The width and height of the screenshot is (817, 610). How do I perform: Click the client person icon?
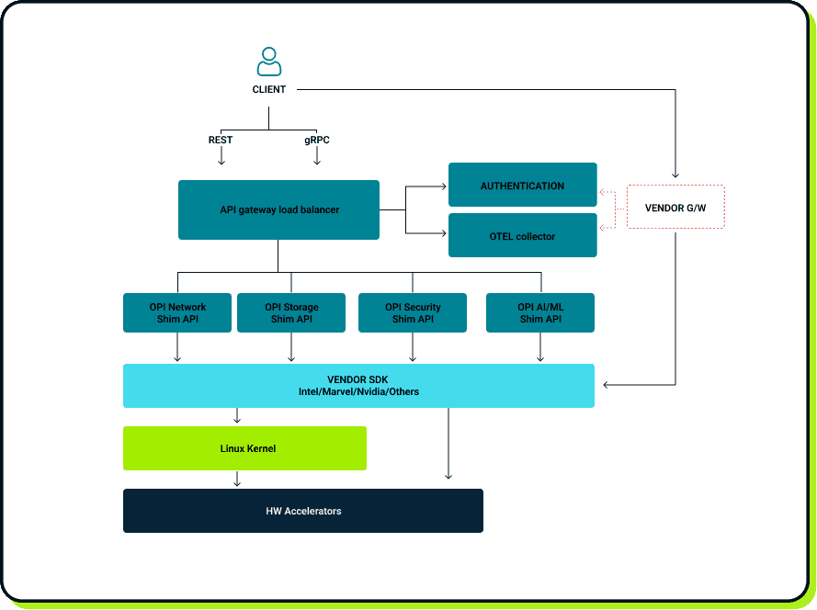268,62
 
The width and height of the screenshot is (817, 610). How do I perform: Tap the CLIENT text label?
269,90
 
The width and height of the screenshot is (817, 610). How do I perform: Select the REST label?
221,141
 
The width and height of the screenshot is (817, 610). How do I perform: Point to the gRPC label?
317,141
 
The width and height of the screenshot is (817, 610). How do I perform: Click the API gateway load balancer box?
278,210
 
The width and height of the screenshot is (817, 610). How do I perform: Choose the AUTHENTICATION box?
522,186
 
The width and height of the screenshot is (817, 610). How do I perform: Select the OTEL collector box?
522,236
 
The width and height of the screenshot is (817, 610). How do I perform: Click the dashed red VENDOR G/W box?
675,208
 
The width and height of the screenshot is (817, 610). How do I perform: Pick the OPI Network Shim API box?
177,313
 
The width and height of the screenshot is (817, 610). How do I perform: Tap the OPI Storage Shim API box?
291,313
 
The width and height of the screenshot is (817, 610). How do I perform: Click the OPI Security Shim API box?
413,313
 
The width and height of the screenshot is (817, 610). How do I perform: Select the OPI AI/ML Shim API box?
540,313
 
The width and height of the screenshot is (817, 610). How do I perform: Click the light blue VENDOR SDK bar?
358,386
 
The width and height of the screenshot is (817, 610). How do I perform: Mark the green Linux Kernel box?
244,448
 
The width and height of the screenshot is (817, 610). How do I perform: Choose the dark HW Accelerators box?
303,511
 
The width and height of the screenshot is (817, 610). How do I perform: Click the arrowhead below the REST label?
221,161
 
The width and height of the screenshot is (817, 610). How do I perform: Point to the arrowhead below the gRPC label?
317,161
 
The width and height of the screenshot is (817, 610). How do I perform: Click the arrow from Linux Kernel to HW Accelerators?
237,480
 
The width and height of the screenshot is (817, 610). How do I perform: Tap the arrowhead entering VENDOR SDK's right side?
606,385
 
